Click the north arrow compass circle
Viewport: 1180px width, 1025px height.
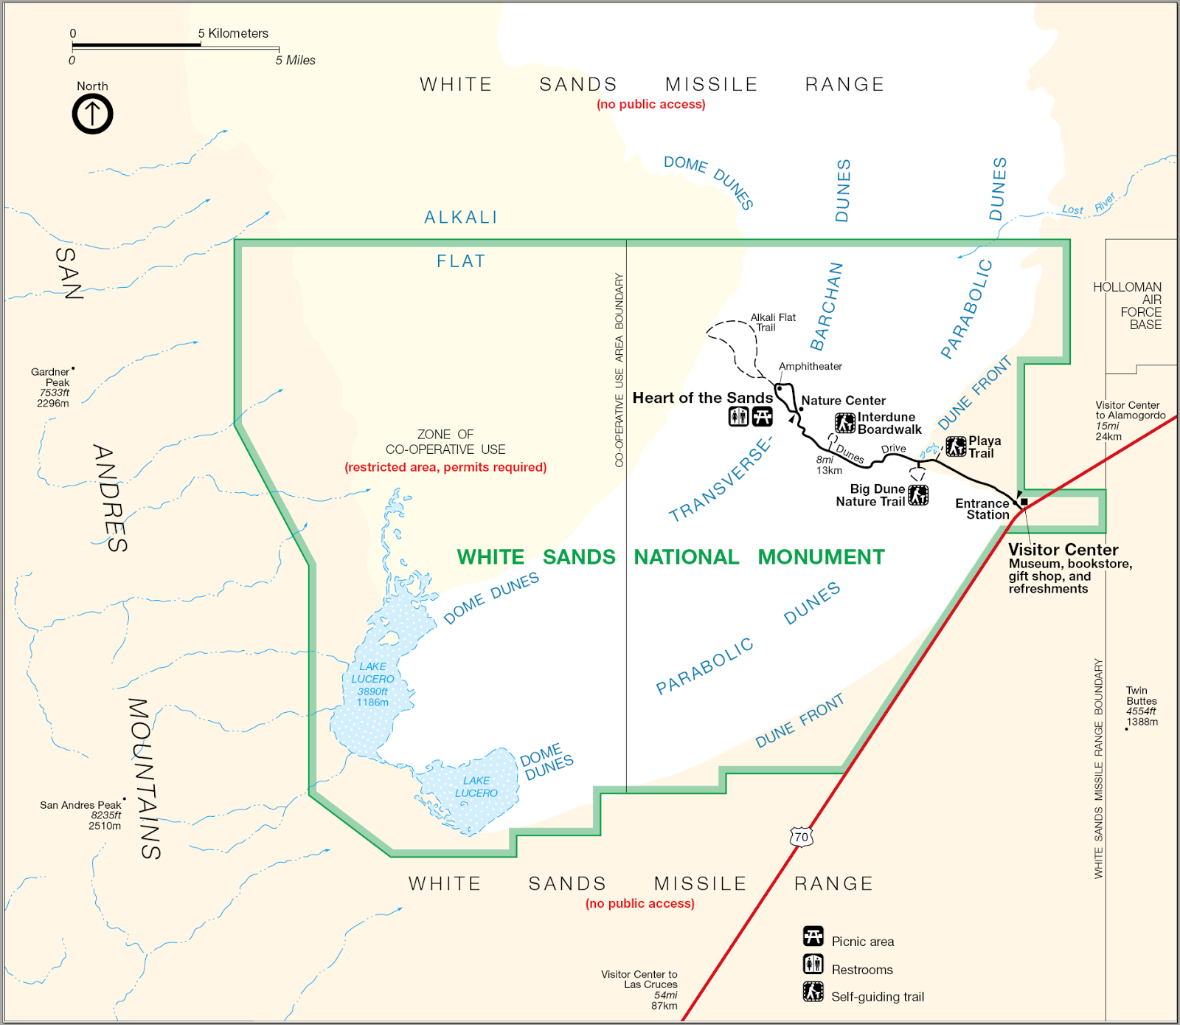[92, 114]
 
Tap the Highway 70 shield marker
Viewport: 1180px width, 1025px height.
[801, 837]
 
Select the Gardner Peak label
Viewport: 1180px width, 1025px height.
[52, 377]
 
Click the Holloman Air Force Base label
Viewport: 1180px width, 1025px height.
[1128, 306]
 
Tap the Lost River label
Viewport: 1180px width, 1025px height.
[1089, 206]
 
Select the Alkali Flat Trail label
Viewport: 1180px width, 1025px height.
[772, 322]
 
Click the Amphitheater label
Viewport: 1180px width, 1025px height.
[810, 366]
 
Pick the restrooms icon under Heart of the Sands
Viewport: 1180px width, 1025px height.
[738, 417]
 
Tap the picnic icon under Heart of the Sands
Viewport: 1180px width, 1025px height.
[762, 417]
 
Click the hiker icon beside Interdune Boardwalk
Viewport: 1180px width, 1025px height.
[844, 423]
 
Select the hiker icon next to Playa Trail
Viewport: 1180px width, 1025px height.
[956, 446]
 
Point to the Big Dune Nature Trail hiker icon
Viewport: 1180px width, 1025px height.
[917, 495]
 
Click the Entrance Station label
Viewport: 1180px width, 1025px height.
[982, 509]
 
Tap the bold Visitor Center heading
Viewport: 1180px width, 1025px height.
[1063, 550]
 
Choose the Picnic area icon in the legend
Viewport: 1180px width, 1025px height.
[813, 937]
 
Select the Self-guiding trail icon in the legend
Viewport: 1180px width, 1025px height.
[813, 992]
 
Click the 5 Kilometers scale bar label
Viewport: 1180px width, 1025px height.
[233, 33]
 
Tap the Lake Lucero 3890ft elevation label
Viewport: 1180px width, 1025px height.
[372, 691]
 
